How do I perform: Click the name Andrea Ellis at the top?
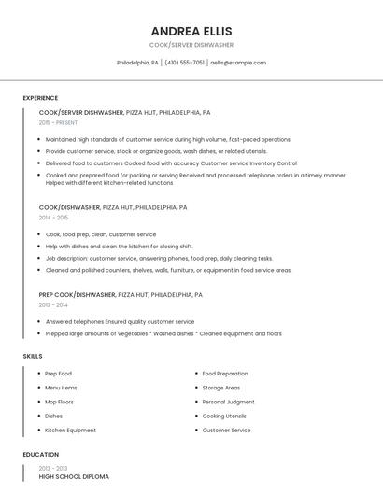click(x=191, y=31)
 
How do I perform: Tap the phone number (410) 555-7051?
click(x=184, y=63)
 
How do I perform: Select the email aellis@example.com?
click(x=238, y=63)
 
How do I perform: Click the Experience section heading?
click(x=40, y=98)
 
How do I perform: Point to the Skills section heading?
click(x=33, y=356)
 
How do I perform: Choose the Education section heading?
click(x=41, y=455)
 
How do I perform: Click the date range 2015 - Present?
click(x=58, y=122)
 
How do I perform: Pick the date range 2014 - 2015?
click(x=53, y=218)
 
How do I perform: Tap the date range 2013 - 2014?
click(x=53, y=304)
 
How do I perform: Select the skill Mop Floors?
click(x=59, y=402)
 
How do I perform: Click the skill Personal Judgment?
click(x=228, y=402)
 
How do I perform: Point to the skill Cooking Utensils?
click(x=224, y=416)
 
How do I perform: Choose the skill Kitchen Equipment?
click(x=70, y=431)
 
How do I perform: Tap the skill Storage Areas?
click(x=220, y=388)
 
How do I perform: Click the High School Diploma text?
click(x=74, y=477)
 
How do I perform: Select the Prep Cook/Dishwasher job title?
click(x=78, y=294)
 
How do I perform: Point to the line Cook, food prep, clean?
click(x=101, y=234)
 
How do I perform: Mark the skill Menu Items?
click(x=61, y=388)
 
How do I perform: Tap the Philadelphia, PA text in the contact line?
click(x=137, y=63)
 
